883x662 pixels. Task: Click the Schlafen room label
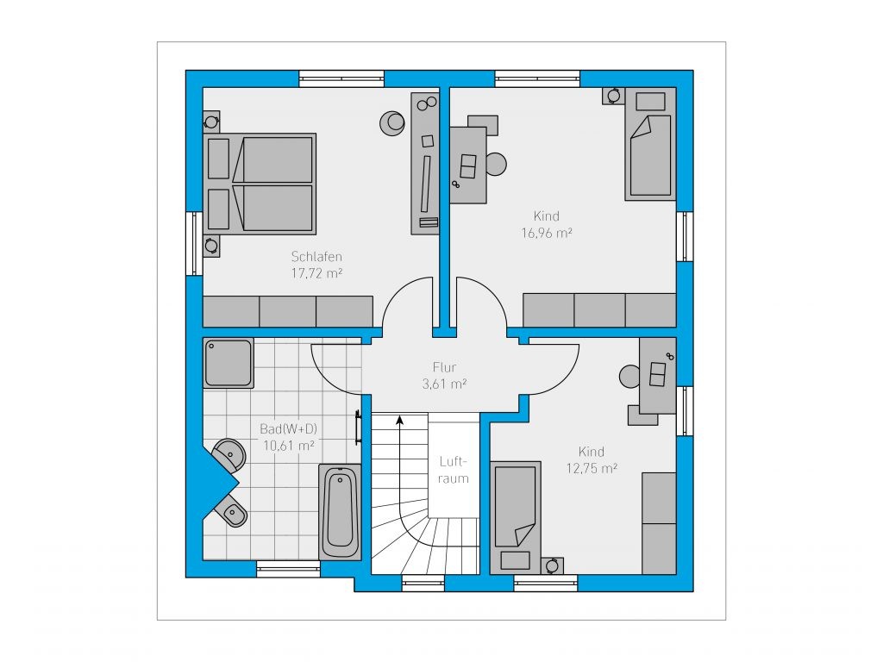coord(316,257)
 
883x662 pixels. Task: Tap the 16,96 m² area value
coord(546,233)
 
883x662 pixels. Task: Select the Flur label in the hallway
coord(444,367)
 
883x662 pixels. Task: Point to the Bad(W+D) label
coord(288,429)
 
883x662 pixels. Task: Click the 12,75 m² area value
coord(592,468)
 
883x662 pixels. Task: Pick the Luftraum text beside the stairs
coord(454,470)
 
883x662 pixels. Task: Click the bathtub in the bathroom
coord(340,511)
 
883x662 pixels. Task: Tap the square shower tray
coord(228,363)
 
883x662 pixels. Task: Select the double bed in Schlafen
coord(260,184)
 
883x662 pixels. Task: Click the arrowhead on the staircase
coord(400,419)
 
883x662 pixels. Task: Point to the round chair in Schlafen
coord(392,122)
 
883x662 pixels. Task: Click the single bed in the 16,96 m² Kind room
coord(650,144)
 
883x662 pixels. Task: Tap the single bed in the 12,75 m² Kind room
coord(516,518)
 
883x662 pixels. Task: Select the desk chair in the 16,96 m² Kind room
coord(496,164)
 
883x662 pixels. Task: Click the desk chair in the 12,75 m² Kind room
coord(629,377)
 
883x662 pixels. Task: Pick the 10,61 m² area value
coord(288,446)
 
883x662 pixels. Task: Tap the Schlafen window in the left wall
coord(194,243)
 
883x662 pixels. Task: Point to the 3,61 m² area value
coord(444,384)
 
